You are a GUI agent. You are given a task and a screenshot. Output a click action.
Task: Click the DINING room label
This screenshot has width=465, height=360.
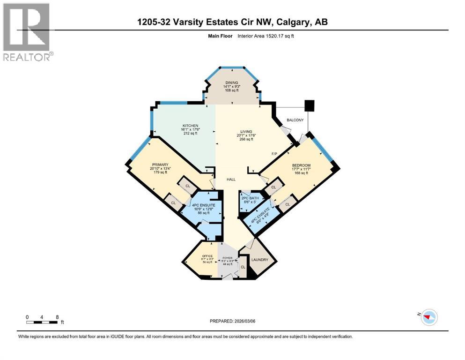tap(231, 82)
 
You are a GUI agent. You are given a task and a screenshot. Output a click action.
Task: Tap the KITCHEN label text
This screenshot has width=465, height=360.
tap(191, 126)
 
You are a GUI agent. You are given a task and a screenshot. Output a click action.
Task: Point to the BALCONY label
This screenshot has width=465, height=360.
tap(295, 120)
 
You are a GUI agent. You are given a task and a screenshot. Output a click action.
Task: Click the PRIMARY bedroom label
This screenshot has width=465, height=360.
tap(159, 165)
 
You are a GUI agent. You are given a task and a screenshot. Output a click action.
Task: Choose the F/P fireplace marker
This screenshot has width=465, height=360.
tap(275, 154)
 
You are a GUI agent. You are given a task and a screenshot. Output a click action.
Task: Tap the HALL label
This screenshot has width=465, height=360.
tap(231, 180)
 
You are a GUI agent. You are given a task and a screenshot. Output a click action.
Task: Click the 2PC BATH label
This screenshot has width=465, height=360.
tap(250, 198)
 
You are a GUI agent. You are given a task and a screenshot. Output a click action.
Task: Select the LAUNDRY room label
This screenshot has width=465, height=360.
tap(260, 260)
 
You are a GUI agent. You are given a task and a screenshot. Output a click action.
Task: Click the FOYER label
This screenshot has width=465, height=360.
tap(227, 258)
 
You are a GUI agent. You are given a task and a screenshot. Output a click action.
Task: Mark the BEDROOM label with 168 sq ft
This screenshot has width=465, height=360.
tap(301, 165)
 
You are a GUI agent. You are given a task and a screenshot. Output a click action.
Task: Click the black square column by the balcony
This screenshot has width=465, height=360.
tap(310, 105)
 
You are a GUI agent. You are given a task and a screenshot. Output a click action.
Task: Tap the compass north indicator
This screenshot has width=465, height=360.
tap(428, 317)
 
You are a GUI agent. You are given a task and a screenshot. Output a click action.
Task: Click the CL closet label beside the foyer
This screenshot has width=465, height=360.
tap(243, 267)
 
